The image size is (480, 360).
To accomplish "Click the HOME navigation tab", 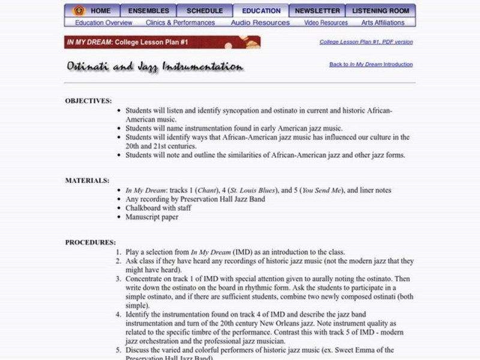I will point(100,11).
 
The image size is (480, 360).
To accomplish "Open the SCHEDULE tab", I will point(204,11).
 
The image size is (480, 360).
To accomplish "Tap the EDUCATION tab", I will point(262,11).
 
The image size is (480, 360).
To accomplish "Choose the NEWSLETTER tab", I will point(317,11).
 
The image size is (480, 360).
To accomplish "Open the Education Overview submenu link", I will point(104,23).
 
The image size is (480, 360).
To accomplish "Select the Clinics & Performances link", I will point(180,23).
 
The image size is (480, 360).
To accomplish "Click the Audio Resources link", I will point(260,23).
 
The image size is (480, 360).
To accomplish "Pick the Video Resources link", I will point(326,23).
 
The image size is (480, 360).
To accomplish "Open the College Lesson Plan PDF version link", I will point(366,42).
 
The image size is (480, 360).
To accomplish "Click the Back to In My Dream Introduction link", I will point(371,64).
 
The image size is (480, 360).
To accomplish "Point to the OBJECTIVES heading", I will point(88,101).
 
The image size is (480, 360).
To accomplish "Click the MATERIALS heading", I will point(87,180).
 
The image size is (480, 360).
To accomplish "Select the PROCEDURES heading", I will point(91,242).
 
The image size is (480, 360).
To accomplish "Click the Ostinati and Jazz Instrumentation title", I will point(155,67).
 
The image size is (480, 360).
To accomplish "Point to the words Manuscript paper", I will point(152,217).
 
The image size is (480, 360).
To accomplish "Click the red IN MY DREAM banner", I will point(162,43).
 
